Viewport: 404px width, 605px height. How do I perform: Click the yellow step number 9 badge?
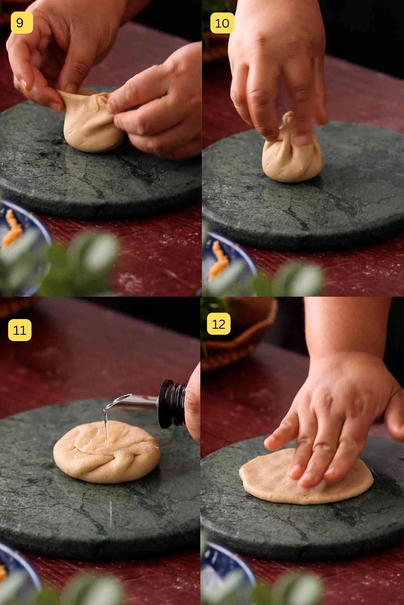[x=22, y=23]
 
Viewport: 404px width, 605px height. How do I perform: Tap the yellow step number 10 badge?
[x=222, y=23]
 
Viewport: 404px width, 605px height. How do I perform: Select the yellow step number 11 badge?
[x=20, y=330]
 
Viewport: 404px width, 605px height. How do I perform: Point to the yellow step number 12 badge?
[x=218, y=324]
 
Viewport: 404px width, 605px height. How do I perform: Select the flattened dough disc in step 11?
[x=106, y=452]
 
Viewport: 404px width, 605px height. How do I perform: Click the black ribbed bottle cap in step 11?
[x=172, y=403]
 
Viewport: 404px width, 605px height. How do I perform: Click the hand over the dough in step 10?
[x=276, y=74]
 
